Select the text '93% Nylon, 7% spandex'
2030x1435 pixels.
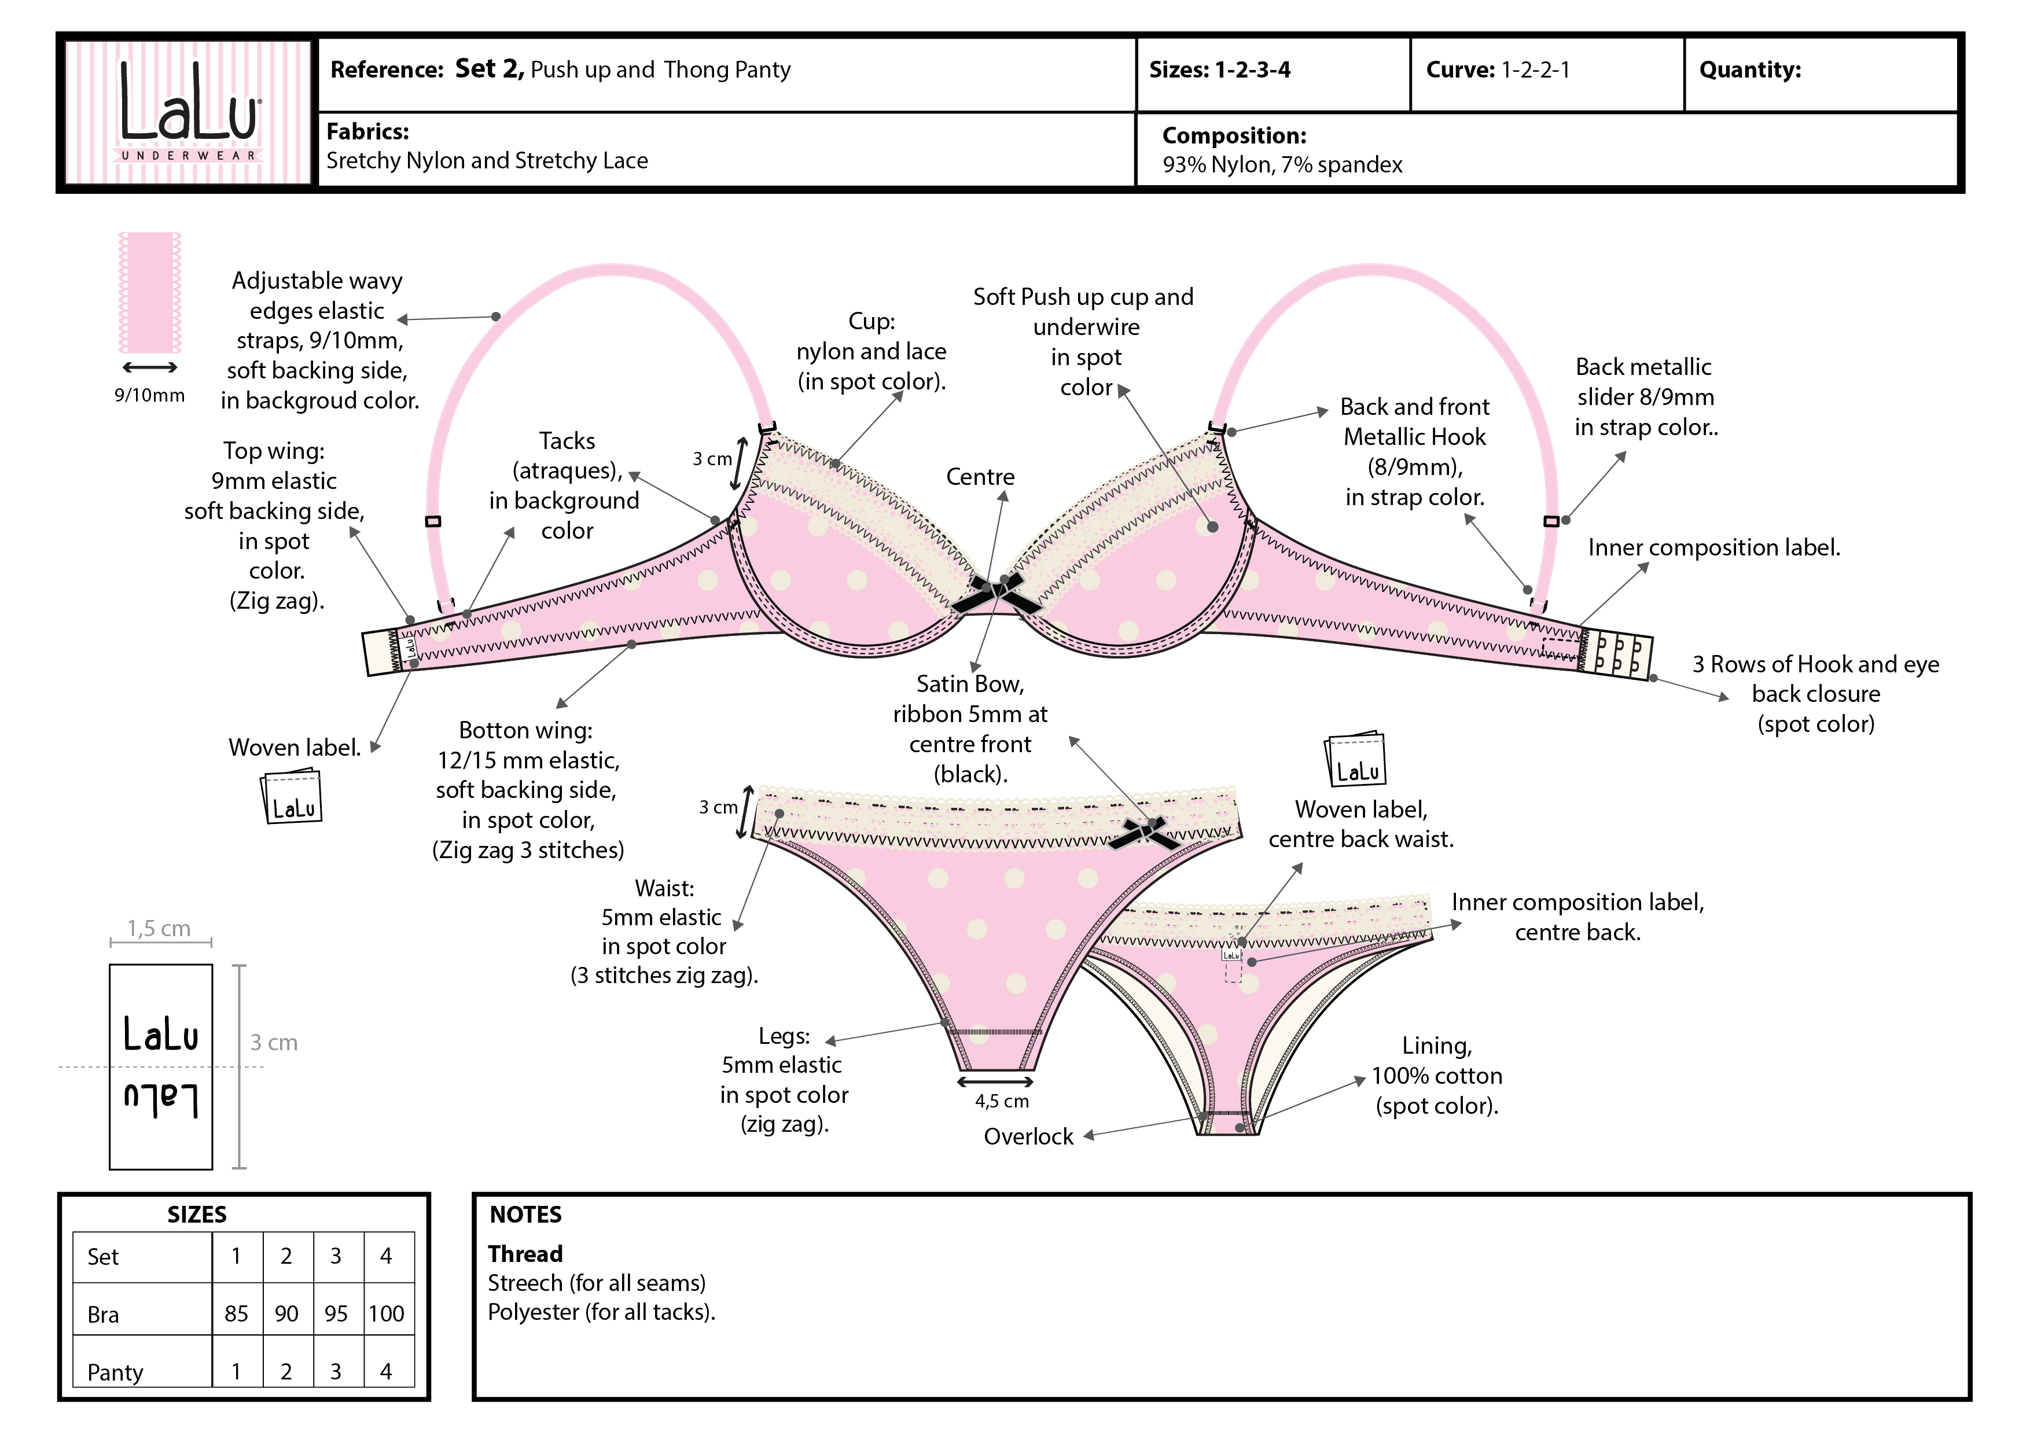(x=1281, y=165)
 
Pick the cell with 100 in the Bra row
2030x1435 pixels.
(x=387, y=1314)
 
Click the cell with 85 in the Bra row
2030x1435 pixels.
(x=236, y=1314)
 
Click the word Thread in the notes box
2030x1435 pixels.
(x=525, y=1254)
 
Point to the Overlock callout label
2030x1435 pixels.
(x=1028, y=1137)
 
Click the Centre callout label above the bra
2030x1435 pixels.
(x=980, y=477)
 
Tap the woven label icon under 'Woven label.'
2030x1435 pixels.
(x=292, y=797)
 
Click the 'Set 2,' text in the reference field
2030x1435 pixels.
(x=489, y=69)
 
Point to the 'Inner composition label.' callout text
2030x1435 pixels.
(x=1713, y=548)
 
